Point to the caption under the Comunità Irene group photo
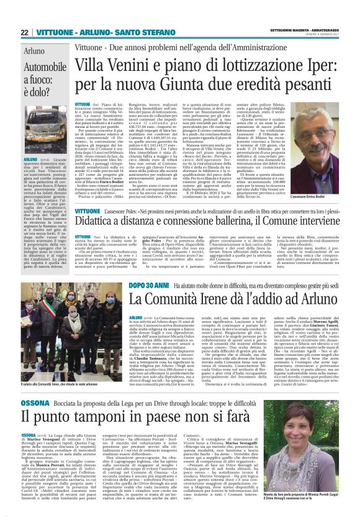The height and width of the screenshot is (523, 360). click(60, 368)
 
